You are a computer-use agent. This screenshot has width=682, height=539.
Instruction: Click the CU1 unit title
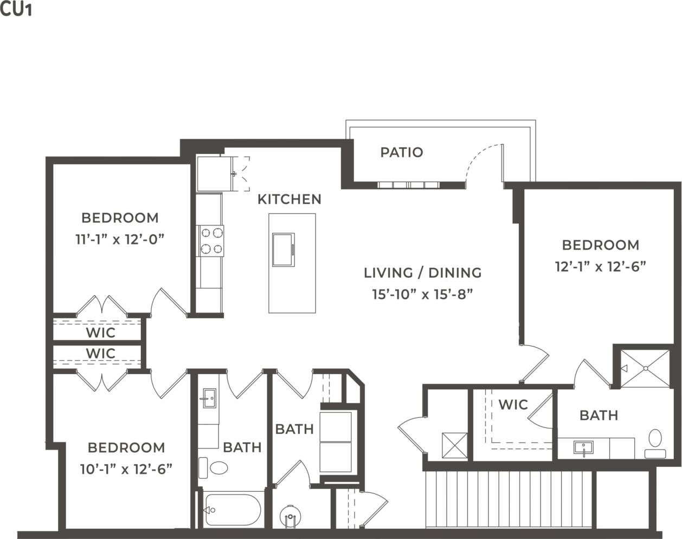pos(16,10)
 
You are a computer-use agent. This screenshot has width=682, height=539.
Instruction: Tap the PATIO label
pos(401,152)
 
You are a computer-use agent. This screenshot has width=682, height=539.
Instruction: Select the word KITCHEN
pos(289,199)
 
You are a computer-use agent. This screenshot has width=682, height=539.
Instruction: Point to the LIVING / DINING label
pos(422,272)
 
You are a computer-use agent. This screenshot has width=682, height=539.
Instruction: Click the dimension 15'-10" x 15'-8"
pos(422,294)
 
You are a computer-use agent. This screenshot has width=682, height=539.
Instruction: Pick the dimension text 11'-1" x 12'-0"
pos(120,239)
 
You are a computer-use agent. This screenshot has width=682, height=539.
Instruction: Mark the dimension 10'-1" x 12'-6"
pos(126,469)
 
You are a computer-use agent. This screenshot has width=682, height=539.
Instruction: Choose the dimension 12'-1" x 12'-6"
pos(600,266)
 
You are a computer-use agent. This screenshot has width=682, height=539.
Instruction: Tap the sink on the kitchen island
pos(284,249)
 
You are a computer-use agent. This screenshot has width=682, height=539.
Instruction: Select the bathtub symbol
pos(232,510)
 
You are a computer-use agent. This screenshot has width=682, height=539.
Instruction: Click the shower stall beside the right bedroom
pos(645,368)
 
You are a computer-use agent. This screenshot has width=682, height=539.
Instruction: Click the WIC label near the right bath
pos(512,405)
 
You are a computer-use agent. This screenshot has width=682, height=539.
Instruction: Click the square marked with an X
pos(454,445)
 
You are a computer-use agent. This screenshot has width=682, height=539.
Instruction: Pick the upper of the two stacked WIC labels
pos(100,332)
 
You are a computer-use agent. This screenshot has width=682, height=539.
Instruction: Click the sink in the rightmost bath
pos(583,448)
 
